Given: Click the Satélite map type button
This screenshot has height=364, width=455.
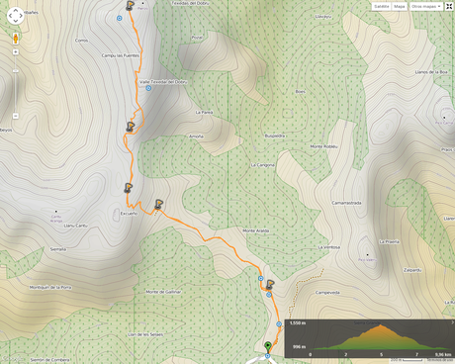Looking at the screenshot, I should click(382, 6).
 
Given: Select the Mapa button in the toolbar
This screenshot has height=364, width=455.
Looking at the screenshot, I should click(400, 6).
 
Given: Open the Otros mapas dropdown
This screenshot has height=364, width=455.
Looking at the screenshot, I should click(425, 6).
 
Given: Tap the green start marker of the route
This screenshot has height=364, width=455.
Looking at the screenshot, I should click(267, 345).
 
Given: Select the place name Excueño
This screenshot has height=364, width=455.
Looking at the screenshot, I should click(129, 213).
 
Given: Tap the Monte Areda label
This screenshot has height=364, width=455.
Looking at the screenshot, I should click(255, 230).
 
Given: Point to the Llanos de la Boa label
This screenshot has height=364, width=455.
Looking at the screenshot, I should click(432, 72).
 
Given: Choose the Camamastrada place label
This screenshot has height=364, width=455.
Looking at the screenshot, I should click(347, 203).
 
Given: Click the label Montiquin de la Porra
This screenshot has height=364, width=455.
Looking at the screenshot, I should click(51, 287).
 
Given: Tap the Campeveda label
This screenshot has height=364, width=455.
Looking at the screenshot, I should click(327, 293).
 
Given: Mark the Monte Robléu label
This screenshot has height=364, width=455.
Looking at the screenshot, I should click(324, 146).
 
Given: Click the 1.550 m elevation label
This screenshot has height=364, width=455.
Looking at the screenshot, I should click(297, 323).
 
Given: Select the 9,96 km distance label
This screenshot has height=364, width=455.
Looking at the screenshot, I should click(443, 354).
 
